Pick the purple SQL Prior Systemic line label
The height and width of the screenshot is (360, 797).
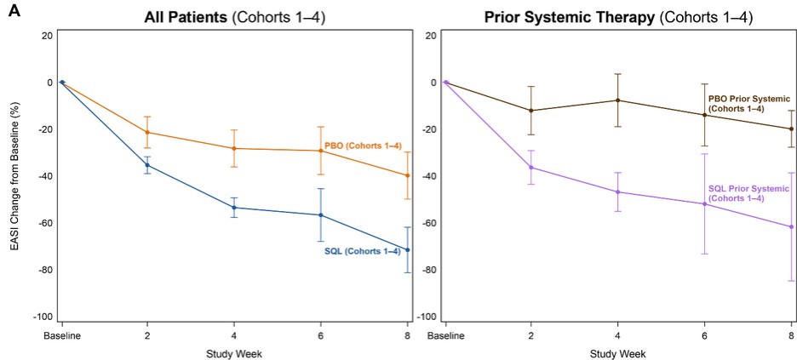coord(736,192)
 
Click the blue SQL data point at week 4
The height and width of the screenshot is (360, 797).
coord(234,208)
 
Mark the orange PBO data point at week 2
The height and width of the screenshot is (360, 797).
coord(147,132)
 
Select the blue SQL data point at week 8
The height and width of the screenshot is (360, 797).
coord(408,250)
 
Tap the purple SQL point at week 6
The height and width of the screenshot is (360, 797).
coord(704,204)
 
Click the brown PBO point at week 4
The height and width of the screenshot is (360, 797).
coord(617,100)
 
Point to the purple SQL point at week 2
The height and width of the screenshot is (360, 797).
coord(531,167)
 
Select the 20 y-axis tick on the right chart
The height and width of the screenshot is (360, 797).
coord(433,36)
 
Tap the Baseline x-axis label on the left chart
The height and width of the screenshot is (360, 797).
coord(61,335)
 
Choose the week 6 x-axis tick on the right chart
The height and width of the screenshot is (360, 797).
coord(704,335)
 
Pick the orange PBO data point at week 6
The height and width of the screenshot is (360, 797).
coord(321,151)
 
